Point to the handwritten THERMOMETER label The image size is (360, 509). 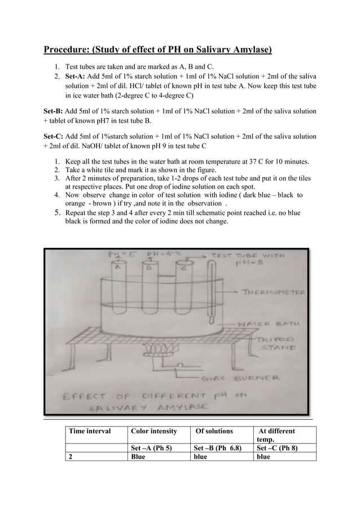tap(273, 292)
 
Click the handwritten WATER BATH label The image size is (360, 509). tap(267, 324)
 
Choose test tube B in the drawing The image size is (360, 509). tap(150, 282)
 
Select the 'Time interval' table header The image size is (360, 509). tap(90, 431)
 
